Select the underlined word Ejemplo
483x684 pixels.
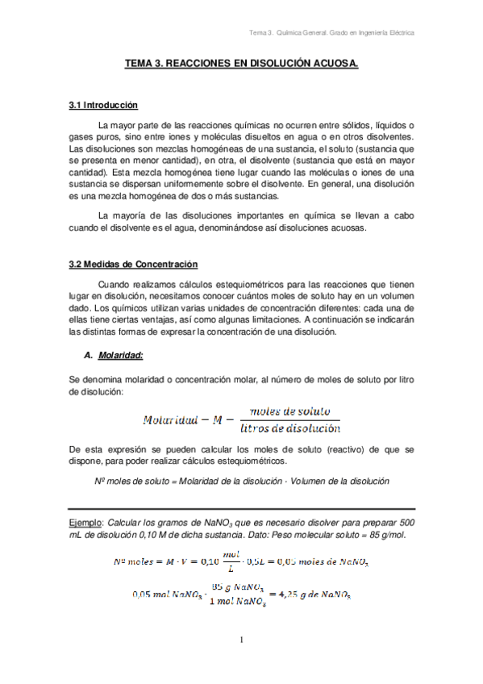[85, 523]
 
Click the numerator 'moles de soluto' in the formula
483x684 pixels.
[289, 411]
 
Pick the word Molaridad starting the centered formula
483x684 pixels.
[170, 419]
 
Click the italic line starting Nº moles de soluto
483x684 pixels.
[242, 482]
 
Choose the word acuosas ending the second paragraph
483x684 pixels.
[344, 228]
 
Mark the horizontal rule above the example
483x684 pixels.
[241, 509]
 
